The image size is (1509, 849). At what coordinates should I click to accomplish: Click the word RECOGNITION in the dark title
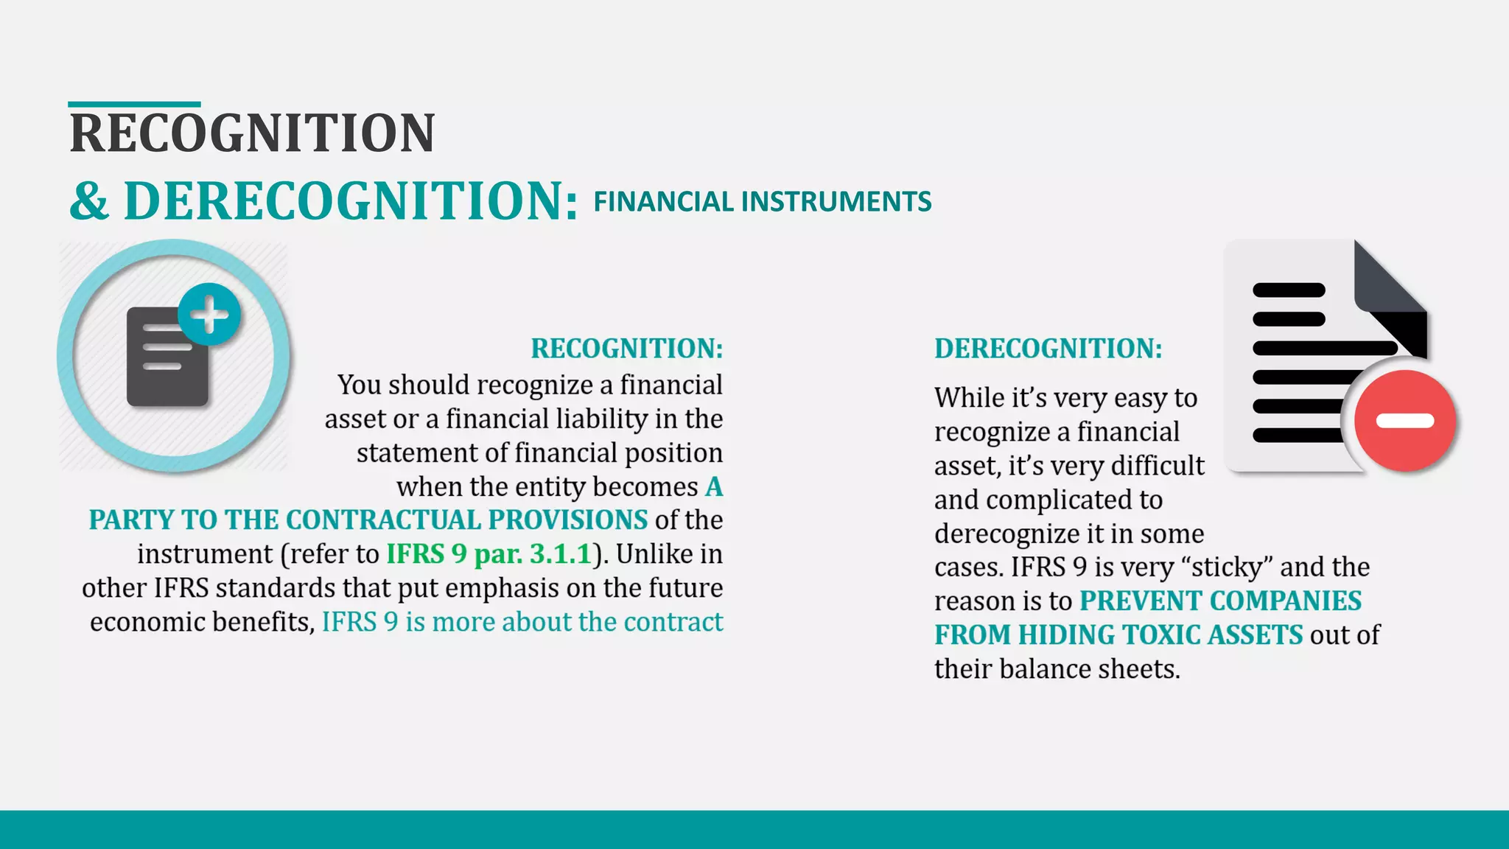point(252,133)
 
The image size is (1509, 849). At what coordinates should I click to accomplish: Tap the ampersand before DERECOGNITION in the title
point(89,201)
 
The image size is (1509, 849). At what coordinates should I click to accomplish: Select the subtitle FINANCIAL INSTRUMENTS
point(762,202)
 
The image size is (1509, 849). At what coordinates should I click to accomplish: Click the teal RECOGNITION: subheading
point(626,349)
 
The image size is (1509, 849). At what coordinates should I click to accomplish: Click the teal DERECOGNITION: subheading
point(1048,349)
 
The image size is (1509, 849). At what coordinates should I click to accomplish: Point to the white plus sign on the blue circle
point(210,315)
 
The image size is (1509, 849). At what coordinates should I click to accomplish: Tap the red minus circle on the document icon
point(1404,421)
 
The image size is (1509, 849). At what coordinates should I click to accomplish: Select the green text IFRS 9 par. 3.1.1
point(489,554)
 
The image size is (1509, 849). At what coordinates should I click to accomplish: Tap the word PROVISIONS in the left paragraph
point(567,520)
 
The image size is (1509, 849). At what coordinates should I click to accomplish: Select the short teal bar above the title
point(134,105)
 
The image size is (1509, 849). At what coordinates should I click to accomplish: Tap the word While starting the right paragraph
point(969,398)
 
